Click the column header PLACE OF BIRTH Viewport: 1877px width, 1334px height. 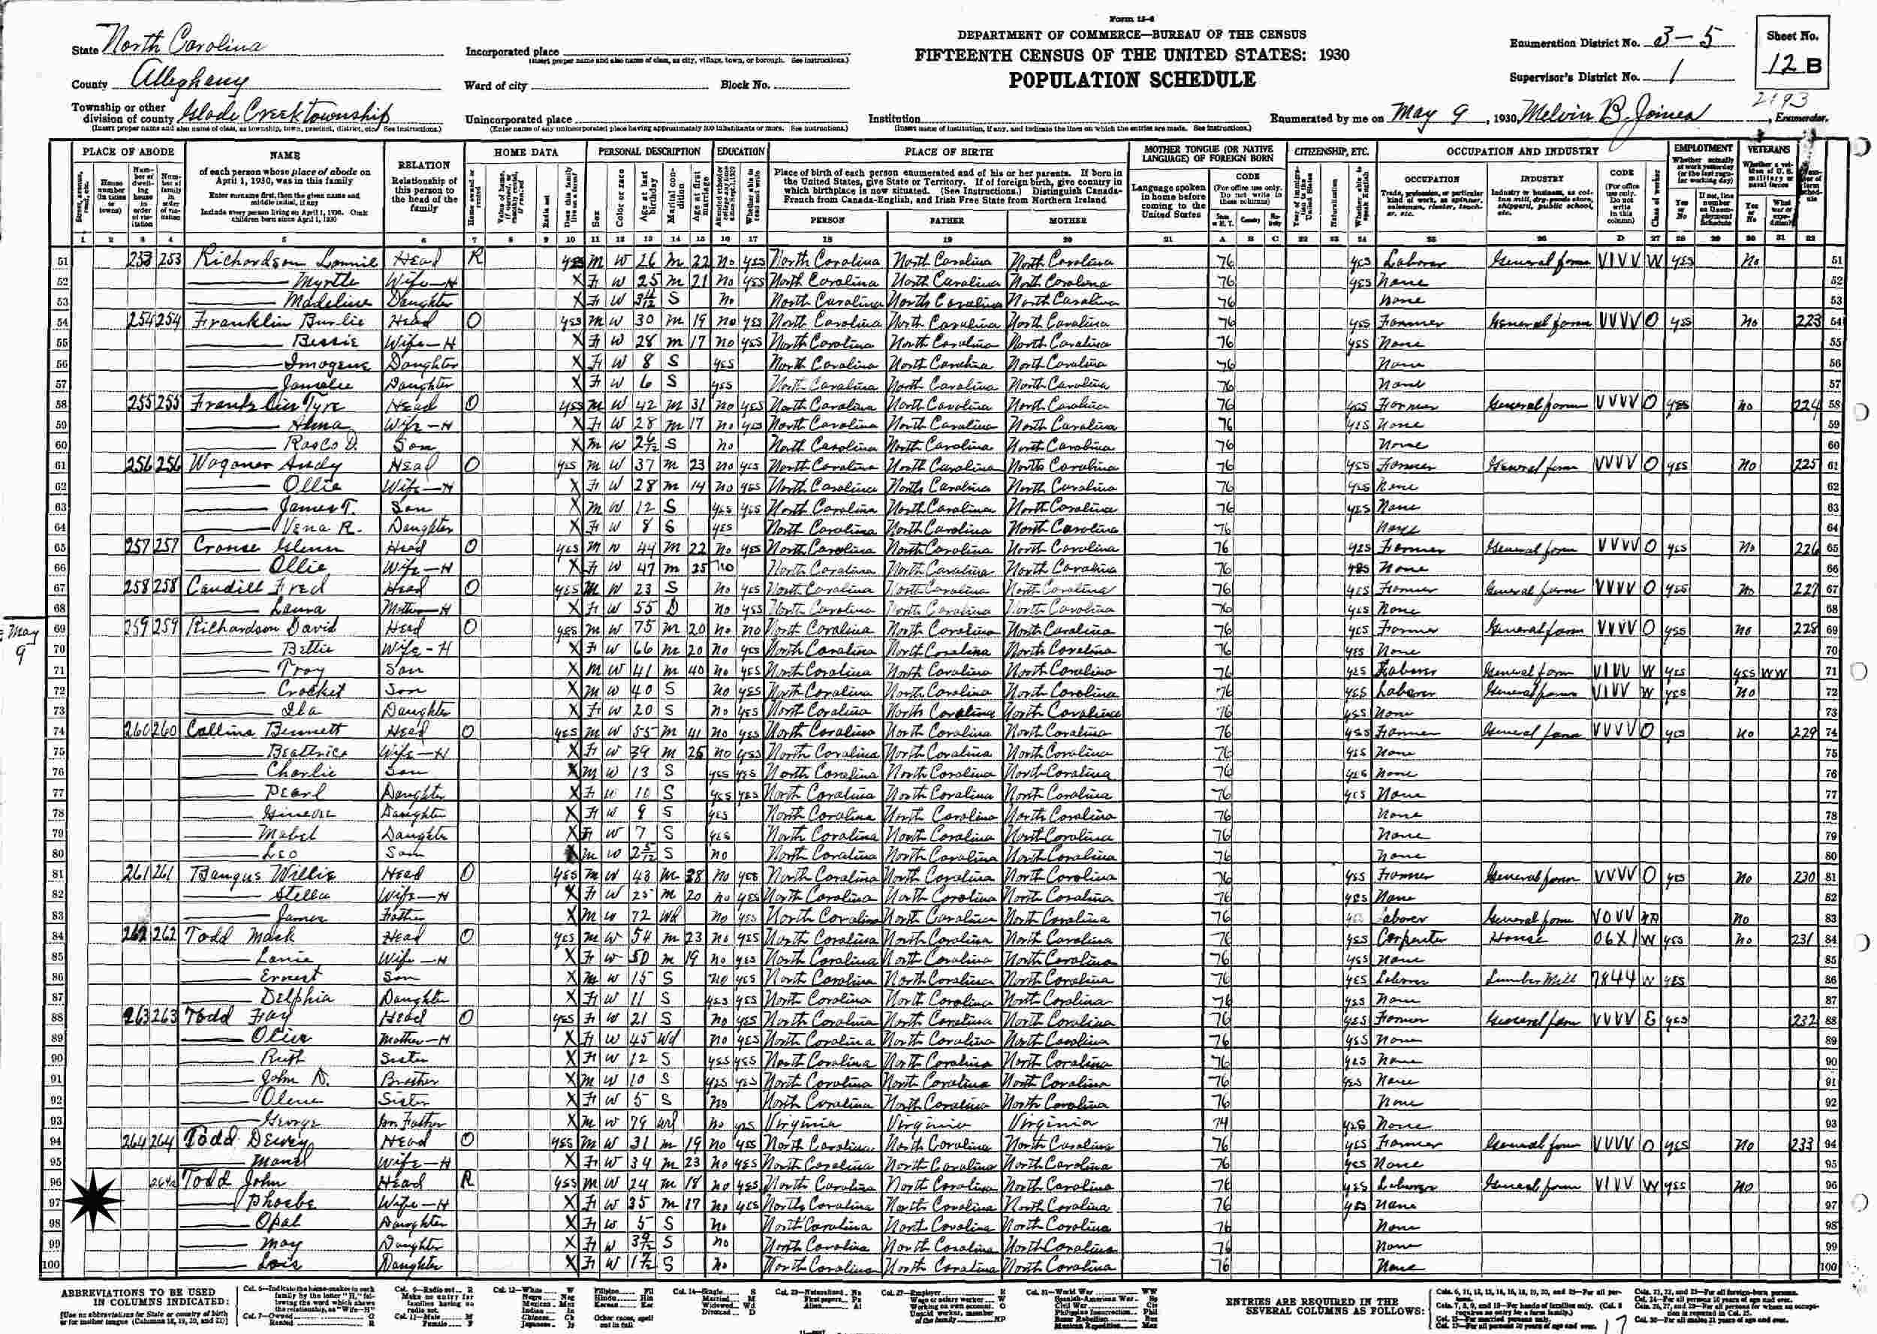[948, 152]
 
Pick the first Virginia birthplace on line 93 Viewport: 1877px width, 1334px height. [802, 1123]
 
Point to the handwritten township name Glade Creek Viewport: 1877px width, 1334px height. [283, 114]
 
